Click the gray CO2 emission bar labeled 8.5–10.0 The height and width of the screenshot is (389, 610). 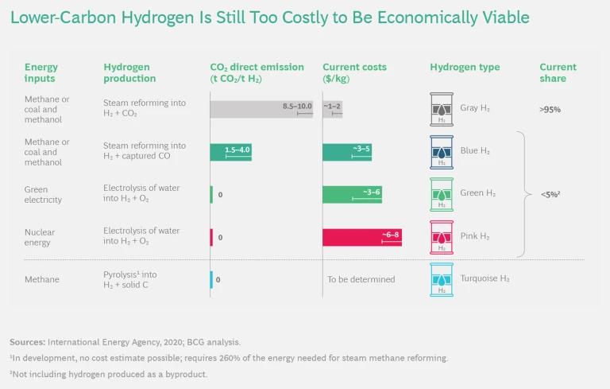point(261,109)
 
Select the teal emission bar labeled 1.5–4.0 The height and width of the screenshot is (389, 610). point(230,152)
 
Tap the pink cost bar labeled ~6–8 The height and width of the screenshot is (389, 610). point(361,237)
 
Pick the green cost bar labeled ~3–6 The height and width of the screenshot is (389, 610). point(352,195)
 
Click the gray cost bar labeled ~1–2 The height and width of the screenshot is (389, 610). point(333,109)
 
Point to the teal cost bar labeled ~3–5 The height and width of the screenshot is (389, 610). point(347,152)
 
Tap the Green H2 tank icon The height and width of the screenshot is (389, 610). point(441,194)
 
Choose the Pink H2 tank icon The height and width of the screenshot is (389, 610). point(441,237)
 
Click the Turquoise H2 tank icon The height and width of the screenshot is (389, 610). point(441,280)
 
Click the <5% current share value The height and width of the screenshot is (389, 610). point(551,194)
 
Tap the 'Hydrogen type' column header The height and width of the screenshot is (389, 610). point(465,68)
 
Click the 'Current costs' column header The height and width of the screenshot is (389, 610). point(351,68)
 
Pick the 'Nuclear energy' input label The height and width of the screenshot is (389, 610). point(40,237)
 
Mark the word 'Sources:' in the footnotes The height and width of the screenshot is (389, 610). point(27,341)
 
